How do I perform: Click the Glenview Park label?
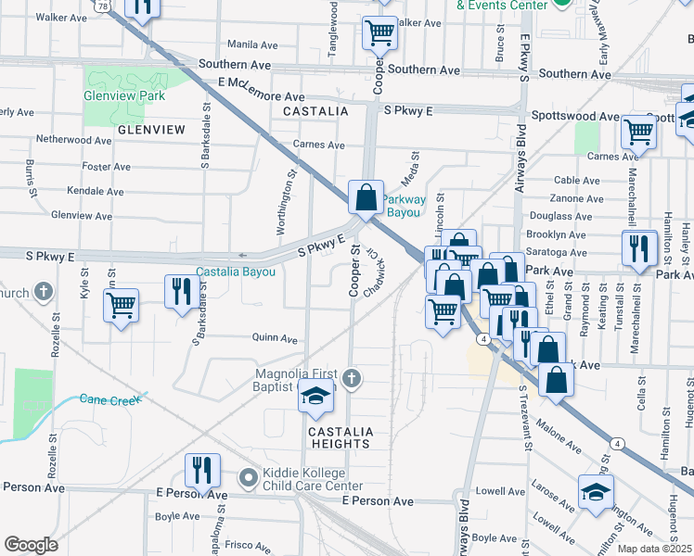(124, 95)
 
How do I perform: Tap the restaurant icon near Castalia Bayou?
(178, 291)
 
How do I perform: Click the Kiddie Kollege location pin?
(247, 478)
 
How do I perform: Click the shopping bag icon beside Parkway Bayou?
(366, 196)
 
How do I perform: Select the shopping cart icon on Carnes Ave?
(639, 132)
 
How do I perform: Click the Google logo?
(31, 545)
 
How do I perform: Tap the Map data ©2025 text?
(654, 549)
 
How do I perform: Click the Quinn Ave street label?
(275, 339)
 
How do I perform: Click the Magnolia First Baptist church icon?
(350, 377)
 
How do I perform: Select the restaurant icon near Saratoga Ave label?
(640, 247)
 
